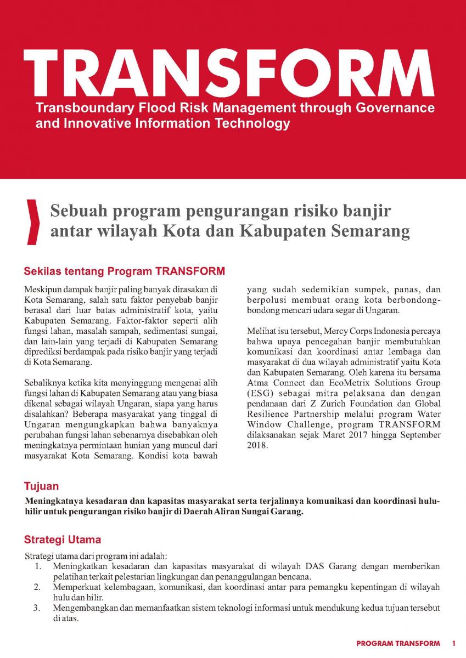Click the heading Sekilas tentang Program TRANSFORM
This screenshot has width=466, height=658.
click(125, 271)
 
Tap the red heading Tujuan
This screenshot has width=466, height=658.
click(41, 486)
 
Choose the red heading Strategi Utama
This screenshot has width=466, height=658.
click(62, 540)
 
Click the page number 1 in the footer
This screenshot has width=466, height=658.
click(454, 643)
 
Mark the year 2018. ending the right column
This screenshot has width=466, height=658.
click(257, 445)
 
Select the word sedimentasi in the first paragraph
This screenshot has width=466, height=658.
click(168, 331)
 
